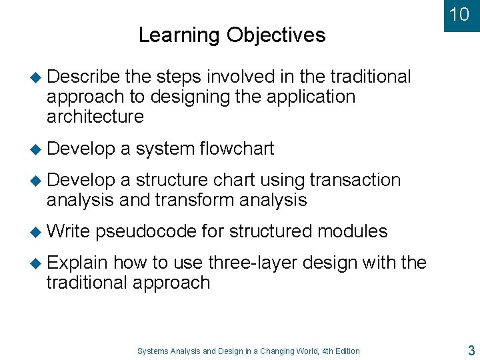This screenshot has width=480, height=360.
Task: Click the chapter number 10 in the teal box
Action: click(459, 14)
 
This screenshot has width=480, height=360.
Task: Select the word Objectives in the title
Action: click(276, 35)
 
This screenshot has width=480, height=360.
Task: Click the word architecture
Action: click(95, 117)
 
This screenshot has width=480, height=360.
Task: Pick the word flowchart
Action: click(237, 149)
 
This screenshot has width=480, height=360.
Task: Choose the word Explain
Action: click(77, 263)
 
